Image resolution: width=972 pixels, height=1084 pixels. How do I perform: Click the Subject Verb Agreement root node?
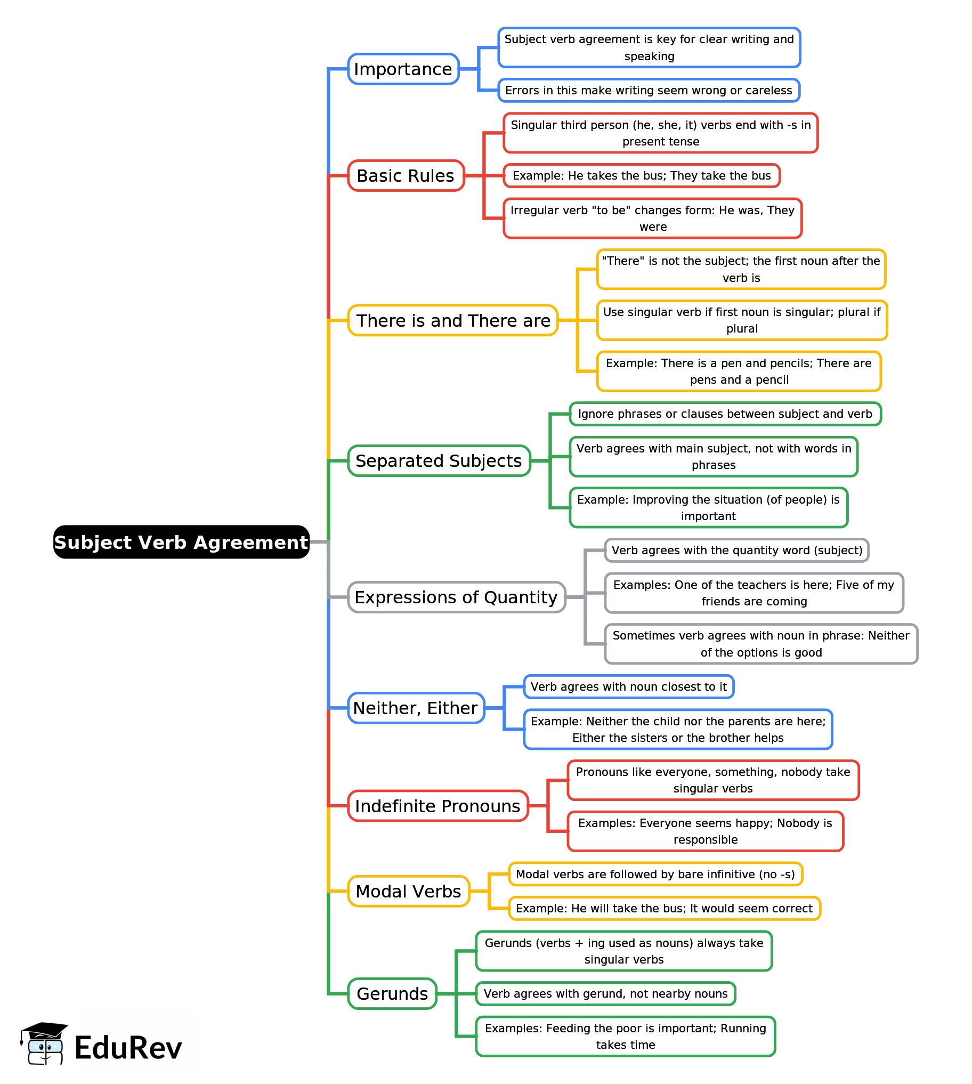pyautogui.click(x=181, y=542)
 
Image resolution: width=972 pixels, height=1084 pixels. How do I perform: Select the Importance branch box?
pyautogui.click(x=403, y=69)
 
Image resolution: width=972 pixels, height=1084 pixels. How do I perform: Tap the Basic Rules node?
pyautogui.click(x=406, y=176)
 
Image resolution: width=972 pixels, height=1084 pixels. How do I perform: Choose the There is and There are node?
pyautogui.click(x=453, y=320)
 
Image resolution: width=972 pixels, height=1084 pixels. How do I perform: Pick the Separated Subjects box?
pyautogui.click(x=439, y=461)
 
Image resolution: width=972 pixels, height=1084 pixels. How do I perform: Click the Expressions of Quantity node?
pyautogui.click(x=457, y=597)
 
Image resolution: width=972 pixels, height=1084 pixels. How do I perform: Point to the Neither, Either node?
pyautogui.click(x=416, y=708)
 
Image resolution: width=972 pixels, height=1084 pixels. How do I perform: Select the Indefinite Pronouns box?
pyautogui.click(x=438, y=806)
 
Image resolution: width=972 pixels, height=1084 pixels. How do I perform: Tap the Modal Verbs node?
pyautogui.click(x=409, y=891)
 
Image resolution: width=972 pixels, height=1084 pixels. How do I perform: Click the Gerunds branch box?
pyautogui.click(x=393, y=994)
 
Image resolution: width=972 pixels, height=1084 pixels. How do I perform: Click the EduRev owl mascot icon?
pyautogui.click(x=44, y=1044)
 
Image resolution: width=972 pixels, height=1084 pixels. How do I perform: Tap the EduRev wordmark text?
pyautogui.click(x=128, y=1048)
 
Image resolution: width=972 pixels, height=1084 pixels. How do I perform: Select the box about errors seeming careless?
pyautogui.click(x=649, y=90)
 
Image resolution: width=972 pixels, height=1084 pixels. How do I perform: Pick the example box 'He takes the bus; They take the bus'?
pyautogui.click(x=642, y=176)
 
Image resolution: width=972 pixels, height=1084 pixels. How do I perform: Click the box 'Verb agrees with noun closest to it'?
pyautogui.click(x=629, y=687)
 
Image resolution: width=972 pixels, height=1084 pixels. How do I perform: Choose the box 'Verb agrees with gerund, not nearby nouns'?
pyautogui.click(x=605, y=994)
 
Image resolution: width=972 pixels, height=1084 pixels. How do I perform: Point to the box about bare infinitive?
pyautogui.click(x=655, y=874)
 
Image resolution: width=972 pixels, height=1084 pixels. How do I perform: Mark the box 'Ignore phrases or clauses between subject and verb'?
pyautogui.click(x=725, y=414)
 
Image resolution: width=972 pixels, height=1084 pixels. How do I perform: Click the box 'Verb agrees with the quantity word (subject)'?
pyautogui.click(x=737, y=551)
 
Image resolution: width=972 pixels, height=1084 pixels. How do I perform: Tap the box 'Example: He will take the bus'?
pyautogui.click(x=665, y=908)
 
